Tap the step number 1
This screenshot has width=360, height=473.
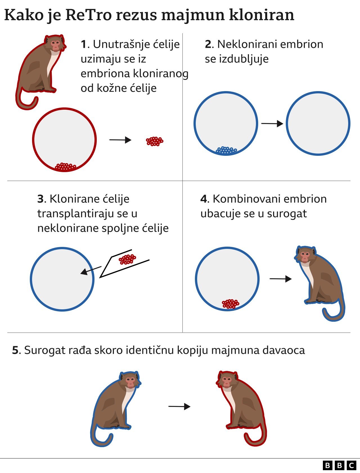pos(84,44)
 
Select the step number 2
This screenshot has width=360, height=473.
pos(208,44)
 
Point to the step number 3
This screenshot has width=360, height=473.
pos(40,199)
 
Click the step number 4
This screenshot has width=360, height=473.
pos(203,199)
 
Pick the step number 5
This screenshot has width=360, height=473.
pos(15,350)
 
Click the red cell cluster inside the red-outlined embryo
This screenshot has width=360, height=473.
pos(65,167)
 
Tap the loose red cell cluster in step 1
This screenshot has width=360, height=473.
pos(154,141)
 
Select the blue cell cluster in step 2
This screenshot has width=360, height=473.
pos(226,150)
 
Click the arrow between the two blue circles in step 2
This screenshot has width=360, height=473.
pos(272,123)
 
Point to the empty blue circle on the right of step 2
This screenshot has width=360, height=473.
pos(318,123)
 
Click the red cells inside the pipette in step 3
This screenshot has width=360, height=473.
pos(127,259)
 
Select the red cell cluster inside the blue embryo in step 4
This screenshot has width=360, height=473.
pos(230,304)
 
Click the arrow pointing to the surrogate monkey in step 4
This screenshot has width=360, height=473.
pos(280,279)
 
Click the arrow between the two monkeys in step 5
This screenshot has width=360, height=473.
pos(179,406)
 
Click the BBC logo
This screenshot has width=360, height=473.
pos(339,465)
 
